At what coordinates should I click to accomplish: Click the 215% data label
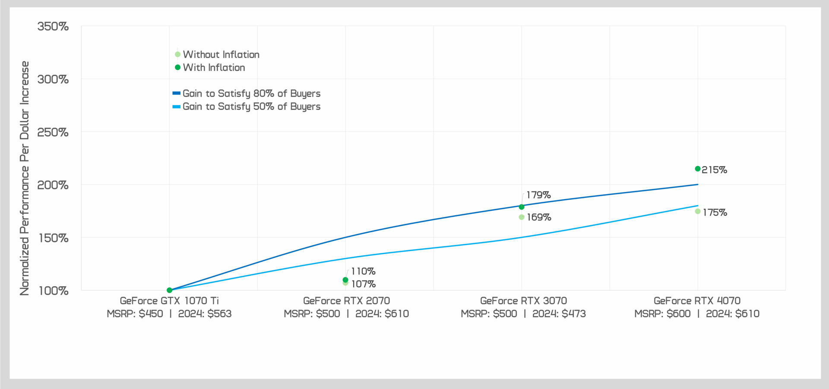[714, 170]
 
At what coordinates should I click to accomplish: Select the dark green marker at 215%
[698, 169]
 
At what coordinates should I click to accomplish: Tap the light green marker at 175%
[698, 211]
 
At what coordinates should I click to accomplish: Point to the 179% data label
[538, 195]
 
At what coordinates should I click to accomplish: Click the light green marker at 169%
[522, 217]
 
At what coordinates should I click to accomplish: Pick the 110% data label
[363, 271]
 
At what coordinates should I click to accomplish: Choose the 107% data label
[363, 284]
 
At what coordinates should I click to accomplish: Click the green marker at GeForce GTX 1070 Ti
[169, 290]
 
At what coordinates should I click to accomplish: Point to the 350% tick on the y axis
[53, 26]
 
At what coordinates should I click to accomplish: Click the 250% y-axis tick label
[53, 132]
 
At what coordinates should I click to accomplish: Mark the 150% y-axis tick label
[53, 238]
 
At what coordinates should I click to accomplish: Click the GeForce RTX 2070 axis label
[346, 301]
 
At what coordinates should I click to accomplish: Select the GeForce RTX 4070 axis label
[697, 301]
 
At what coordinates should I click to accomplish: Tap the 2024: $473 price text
[559, 314]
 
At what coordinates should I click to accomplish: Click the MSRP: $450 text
[135, 314]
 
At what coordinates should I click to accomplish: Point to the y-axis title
[25, 178]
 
